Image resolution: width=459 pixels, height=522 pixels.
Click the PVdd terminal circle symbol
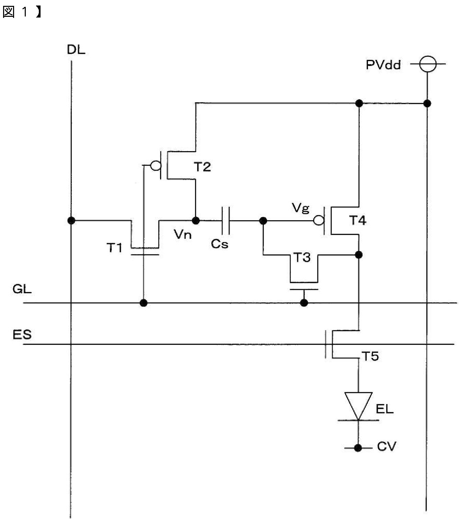pos(428,64)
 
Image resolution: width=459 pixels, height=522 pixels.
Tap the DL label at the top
pos(76,50)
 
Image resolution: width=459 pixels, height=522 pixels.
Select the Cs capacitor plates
pos(225,220)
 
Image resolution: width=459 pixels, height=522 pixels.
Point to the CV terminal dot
pos(358,448)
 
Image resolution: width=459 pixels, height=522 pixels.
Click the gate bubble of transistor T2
pos(155,165)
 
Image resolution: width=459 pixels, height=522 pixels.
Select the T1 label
pos(114,248)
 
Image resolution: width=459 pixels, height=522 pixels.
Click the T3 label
pos(302,257)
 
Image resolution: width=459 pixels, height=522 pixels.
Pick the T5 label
pos(370,356)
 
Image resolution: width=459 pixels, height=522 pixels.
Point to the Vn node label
pos(183,234)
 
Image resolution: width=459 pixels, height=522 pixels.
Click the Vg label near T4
pos(301,208)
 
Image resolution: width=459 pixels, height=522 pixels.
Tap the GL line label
pos(22,289)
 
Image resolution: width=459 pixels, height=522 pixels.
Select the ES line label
pos(22,334)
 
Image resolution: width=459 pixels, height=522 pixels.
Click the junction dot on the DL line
pos(71,220)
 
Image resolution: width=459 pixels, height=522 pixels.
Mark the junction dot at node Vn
pos(196,220)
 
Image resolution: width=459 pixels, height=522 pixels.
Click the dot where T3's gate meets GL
pos(304,303)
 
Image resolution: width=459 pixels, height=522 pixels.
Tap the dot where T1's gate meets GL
pos(144,303)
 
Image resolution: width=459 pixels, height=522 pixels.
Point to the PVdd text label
pos(383,65)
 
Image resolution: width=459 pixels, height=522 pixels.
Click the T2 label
pos(202,167)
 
